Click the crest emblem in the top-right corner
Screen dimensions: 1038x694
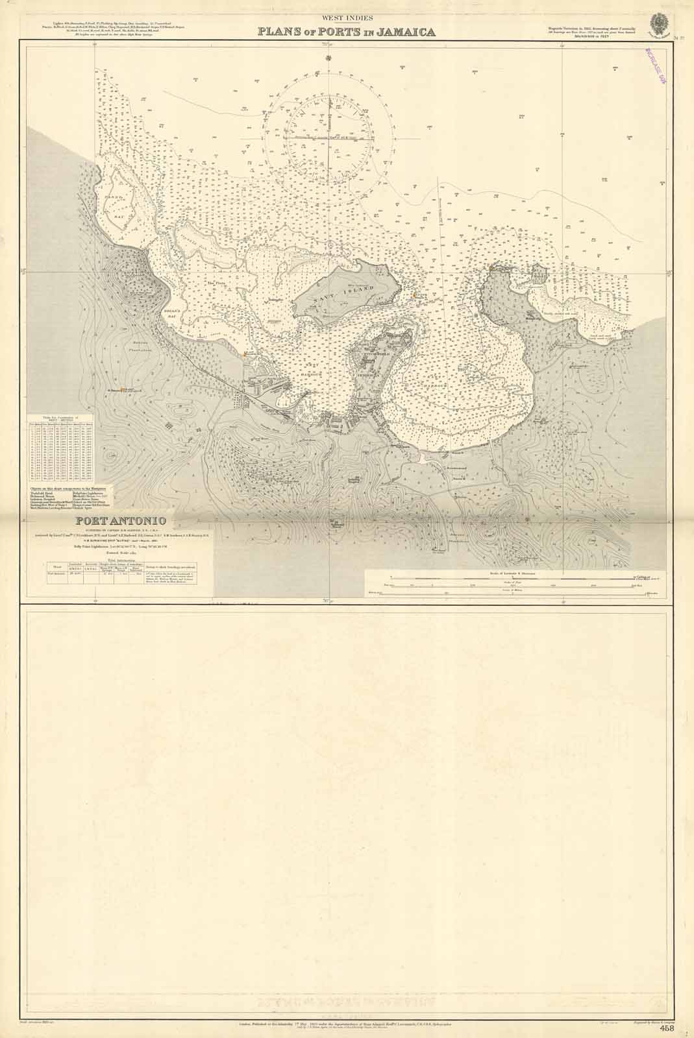pos(660,23)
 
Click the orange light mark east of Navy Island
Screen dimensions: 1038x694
pos(413,296)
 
